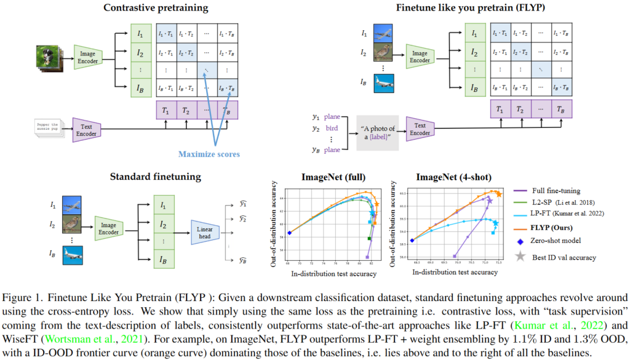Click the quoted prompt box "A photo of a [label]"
[x=378, y=132]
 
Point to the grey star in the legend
[x=519, y=257]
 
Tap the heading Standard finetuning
[x=155, y=177]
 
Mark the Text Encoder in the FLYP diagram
[x=420, y=129]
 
